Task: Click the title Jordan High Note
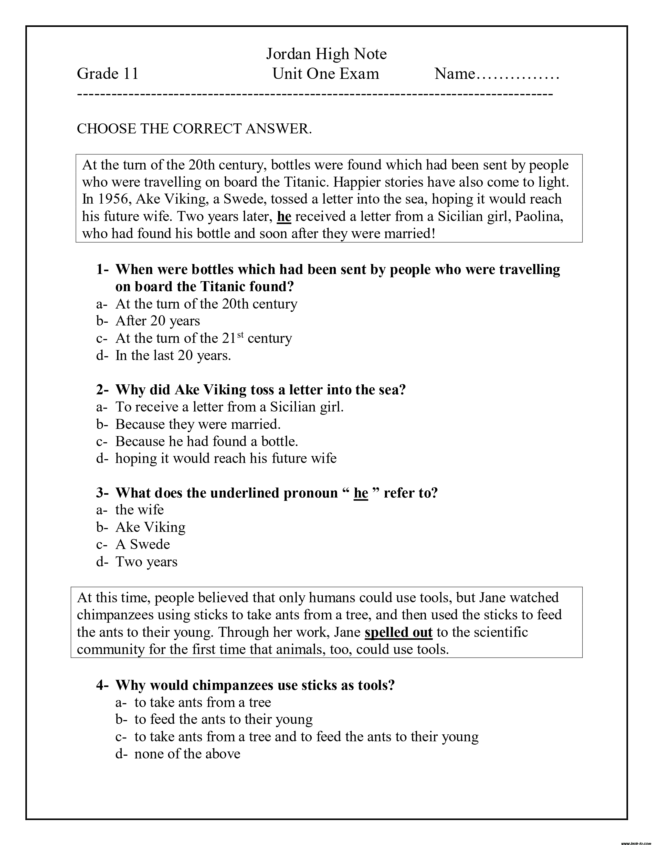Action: click(x=326, y=54)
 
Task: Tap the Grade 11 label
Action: click(x=108, y=73)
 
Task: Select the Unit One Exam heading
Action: click(x=326, y=73)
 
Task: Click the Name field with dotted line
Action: click(x=497, y=73)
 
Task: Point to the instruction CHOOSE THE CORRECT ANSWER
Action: click(x=194, y=129)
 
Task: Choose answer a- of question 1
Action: click(x=206, y=304)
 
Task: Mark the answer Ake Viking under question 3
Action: click(x=151, y=527)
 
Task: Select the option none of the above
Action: click(x=187, y=754)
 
